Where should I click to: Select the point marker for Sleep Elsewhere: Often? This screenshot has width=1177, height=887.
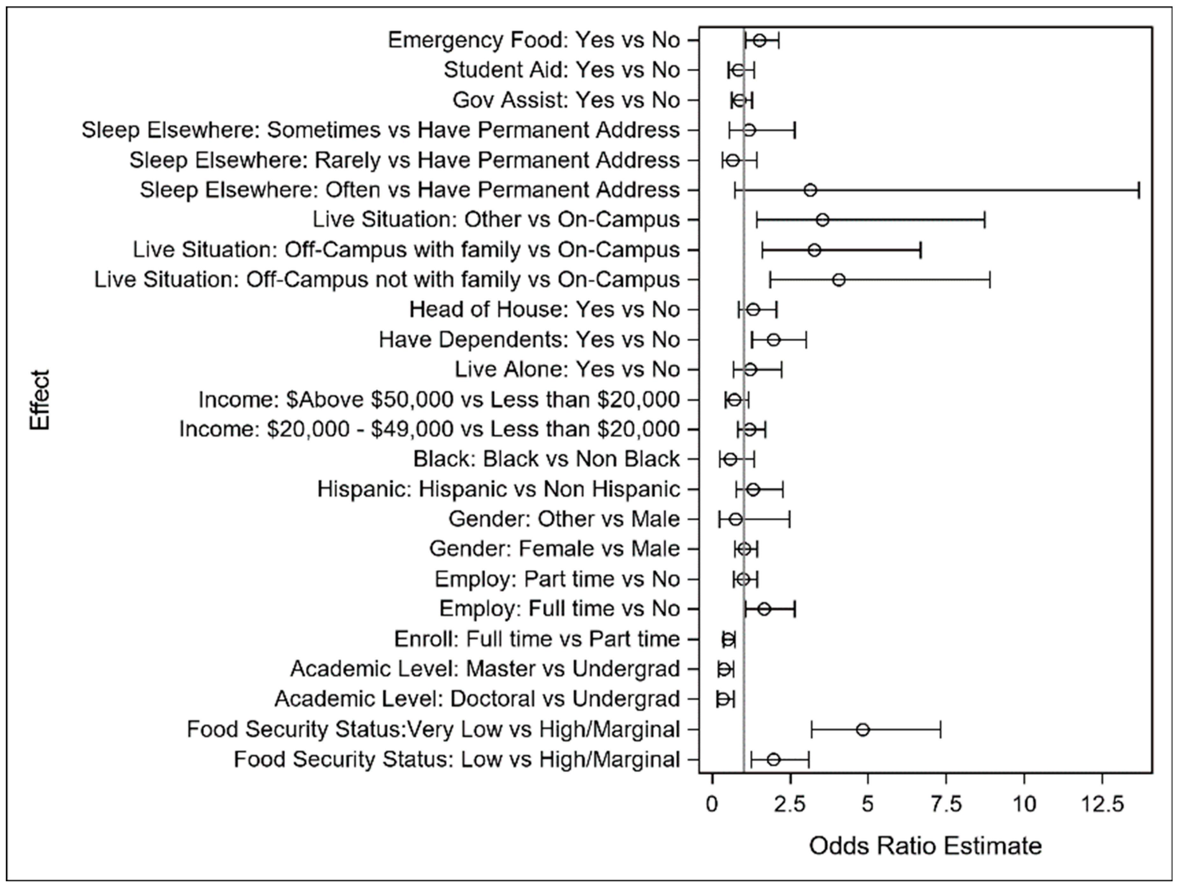pyautogui.click(x=810, y=190)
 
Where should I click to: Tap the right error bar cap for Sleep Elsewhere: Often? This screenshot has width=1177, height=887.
pyautogui.click(x=1139, y=190)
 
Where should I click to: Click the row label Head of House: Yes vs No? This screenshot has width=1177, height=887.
pyautogui.click(x=544, y=309)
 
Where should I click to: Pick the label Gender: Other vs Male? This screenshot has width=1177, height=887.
pyautogui.click(x=564, y=519)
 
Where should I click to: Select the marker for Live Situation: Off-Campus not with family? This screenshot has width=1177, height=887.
pyautogui.click(x=839, y=280)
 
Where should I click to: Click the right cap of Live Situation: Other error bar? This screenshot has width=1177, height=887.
pyautogui.click(x=984, y=220)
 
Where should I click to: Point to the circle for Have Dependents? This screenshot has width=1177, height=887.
pyautogui.click(x=774, y=340)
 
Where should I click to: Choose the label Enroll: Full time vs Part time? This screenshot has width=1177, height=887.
pyautogui.click(x=537, y=639)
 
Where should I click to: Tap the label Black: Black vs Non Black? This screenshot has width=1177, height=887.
pyautogui.click(x=546, y=459)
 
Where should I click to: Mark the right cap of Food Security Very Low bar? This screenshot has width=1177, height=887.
pyautogui.click(x=940, y=729)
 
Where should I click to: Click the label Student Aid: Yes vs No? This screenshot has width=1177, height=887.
pyautogui.click(x=562, y=70)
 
